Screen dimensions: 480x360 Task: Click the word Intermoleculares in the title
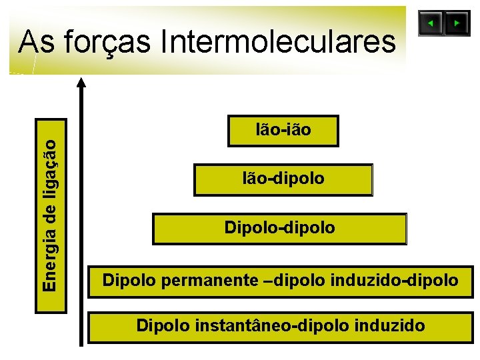pyautogui.click(x=278, y=42)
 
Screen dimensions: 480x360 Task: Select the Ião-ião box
pyautogui.click(x=283, y=131)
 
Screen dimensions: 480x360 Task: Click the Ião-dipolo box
pyautogui.click(x=283, y=179)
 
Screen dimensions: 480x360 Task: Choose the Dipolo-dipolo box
pyautogui.click(x=279, y=229)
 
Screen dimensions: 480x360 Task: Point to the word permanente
pyautogui.click(x=209, y=281)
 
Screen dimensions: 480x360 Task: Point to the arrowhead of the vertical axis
pyautogui.click(x=81, y=83)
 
